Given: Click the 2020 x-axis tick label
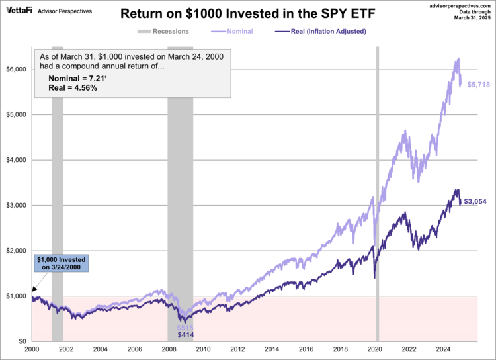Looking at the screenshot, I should click(375, 349).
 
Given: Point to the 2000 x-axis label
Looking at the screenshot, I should click(32, 349).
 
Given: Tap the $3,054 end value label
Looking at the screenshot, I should click(476, 201).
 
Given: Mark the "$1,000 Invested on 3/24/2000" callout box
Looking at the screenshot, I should click(60, 263).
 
